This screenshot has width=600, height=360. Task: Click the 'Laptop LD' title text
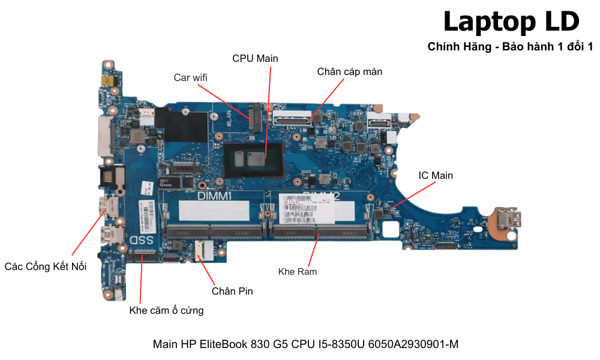tap(511, 22)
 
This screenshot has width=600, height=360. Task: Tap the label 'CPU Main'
tap(255, 58)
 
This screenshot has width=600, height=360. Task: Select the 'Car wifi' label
tap(191, 77)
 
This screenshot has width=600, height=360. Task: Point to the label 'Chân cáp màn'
tap(350, 71)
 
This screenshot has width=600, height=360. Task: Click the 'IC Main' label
tap(436, 175)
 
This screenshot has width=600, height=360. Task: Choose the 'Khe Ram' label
tap(298, 272)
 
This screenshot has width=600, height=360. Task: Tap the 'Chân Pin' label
tap(232, 291)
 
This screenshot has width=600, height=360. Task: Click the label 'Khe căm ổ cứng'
tap(166, 310)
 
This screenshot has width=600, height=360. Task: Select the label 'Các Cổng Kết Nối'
tap(46, 266)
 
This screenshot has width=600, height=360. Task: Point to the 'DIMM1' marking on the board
tap(214, 196)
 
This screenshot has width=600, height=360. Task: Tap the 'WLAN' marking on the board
tap(229, 118)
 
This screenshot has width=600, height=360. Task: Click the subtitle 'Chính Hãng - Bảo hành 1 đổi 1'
tap(510, 47)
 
